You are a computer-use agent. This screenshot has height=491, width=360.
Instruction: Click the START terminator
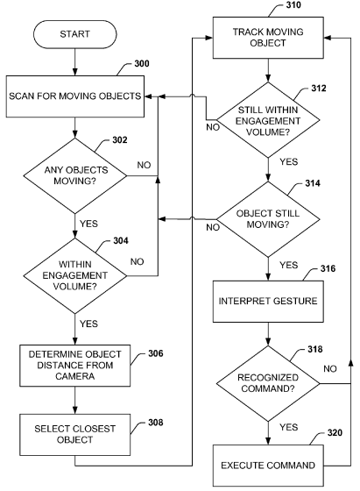[74, 34]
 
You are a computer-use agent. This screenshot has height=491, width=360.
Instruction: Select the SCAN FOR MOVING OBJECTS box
[75, 96]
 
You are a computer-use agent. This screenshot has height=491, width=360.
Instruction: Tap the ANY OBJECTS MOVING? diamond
[75, 175]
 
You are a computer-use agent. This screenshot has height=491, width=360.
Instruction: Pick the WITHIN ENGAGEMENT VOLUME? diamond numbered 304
[75, 276]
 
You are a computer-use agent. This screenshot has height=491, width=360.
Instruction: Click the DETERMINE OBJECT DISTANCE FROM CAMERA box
[75, 366]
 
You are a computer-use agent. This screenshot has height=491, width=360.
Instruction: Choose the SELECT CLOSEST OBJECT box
[75, 435]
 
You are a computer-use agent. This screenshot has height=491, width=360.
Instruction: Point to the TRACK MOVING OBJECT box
[268, 38]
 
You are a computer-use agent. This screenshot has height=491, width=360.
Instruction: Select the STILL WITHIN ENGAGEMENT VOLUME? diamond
[268, 120]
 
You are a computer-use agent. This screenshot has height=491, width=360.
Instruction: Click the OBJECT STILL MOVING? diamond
[268, 219]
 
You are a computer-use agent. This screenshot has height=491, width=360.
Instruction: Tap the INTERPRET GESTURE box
[268, 302]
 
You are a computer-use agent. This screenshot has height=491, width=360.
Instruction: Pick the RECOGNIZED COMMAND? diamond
[268, 383]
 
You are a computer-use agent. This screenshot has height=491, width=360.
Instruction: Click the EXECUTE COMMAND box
[268, 466]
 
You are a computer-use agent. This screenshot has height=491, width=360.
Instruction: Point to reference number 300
[142, 63]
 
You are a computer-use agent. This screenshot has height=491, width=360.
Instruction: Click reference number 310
[293, 4]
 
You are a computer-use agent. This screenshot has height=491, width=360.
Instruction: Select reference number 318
[315, 349]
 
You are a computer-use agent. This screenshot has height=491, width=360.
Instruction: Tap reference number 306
[155, 353]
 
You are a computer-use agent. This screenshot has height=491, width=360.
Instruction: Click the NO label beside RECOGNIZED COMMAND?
[330, 369]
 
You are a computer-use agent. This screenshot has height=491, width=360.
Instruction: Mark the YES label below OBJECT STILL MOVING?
[289, 265]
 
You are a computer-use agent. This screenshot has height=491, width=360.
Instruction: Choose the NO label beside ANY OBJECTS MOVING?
[144, 165]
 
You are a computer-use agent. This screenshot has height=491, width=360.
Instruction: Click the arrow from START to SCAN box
[75, 62]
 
